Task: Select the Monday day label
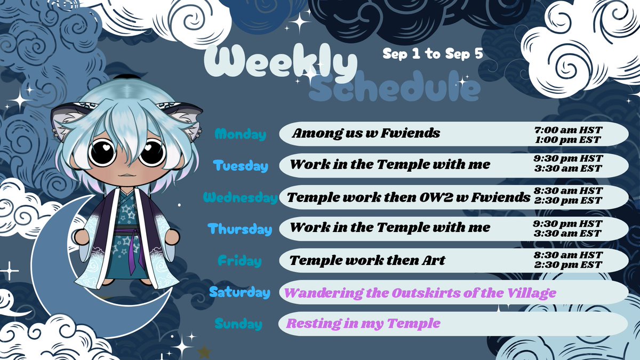click(240, 134)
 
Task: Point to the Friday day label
click(240, 261)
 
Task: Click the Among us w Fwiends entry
click(366, 133)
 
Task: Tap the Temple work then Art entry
click(367, 261)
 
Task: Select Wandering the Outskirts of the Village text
click(420, 292)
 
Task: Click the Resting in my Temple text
click(363, 323)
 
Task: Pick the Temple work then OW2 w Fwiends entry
click(409, 197)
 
